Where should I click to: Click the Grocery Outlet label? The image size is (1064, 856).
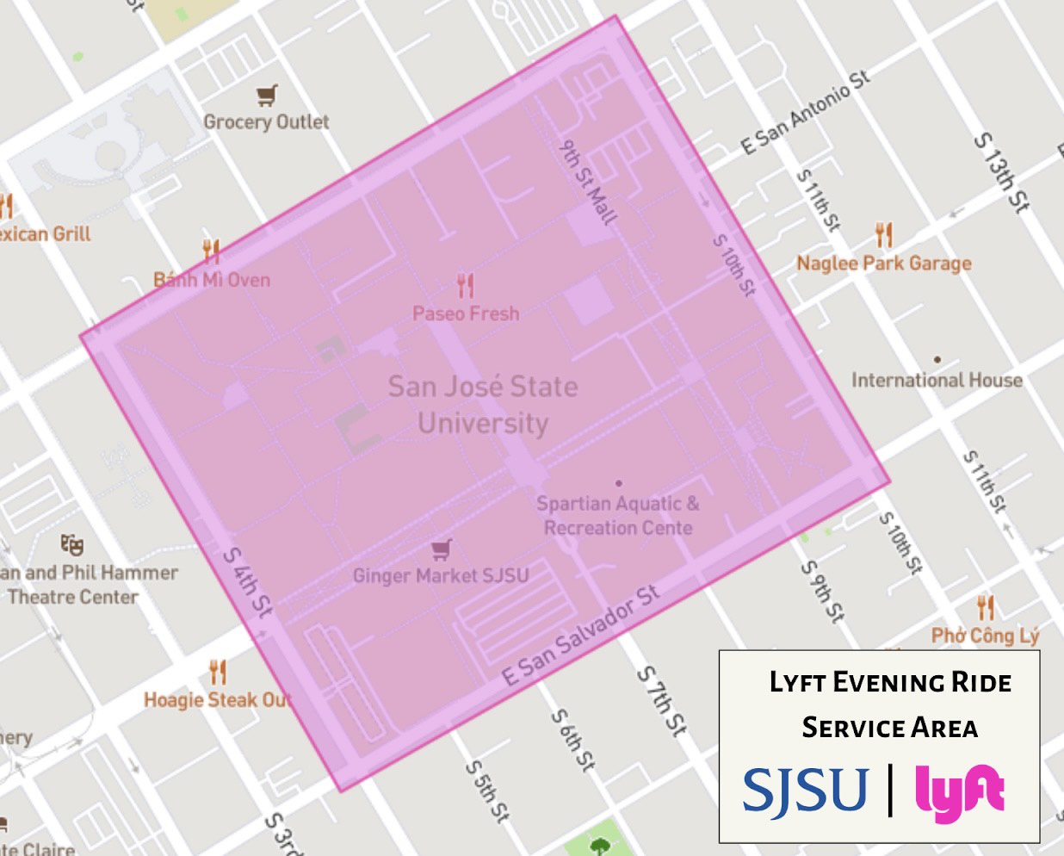pyautogui.click(x=266, y=122)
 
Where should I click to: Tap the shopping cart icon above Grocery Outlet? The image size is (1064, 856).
pyautogui.click(x=267, y=95)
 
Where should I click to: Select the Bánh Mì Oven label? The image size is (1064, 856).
pyautogui.click(x=212, y=280)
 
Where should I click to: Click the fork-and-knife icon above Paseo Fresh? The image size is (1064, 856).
pyautogui.click(x=466, y=285)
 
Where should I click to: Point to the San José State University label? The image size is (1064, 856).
pyautogui.click(x=482, y=405)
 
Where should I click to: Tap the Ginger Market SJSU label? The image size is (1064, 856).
pyautogui.click(x=441, y=575)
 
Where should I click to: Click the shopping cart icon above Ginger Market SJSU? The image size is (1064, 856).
pyautogui.click(x=442, y=549)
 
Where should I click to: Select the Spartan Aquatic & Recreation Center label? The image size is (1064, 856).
pyautogui.click(x=618, y=515)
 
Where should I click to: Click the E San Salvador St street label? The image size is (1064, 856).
pyautogui.click(x=581, y=635)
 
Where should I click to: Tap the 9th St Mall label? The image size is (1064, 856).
pyautogui.click(x=588, y=183)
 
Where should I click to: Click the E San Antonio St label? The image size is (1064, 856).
pyautogui.click(x=806, y=113)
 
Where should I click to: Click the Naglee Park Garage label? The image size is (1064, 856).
pyautogui.click(x=884, y=264)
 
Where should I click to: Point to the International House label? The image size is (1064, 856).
pyautogui.click(x=937, y=380)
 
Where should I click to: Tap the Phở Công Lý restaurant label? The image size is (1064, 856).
pyautogui.click(x=986, y=636)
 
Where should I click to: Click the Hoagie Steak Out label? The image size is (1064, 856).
pyautogui.click(x=217, y=700)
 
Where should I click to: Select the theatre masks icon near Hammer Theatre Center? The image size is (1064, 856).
pyautogui.click(x=72, y=544)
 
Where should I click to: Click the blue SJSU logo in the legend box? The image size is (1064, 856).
pyautogui.click(x=806, y=791)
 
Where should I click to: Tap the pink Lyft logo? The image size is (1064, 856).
pyautogui.click(x=960, y=791)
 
